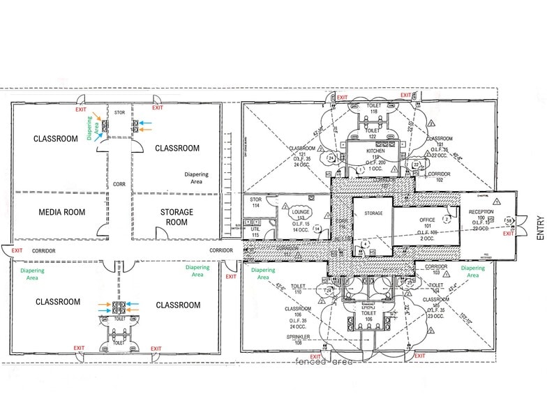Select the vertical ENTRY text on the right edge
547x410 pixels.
tap(539, 227)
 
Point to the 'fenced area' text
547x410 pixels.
tap(325, 362)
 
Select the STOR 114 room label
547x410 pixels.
tap(256, 203)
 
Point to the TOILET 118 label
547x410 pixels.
tap(373, 108)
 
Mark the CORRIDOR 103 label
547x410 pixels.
tap(436, 268)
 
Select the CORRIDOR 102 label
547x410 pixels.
tap(439, 176)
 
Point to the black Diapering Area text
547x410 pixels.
tap(192, 178)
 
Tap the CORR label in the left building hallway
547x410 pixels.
tap(119, 184)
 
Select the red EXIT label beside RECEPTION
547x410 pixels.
tap(508, 234)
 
